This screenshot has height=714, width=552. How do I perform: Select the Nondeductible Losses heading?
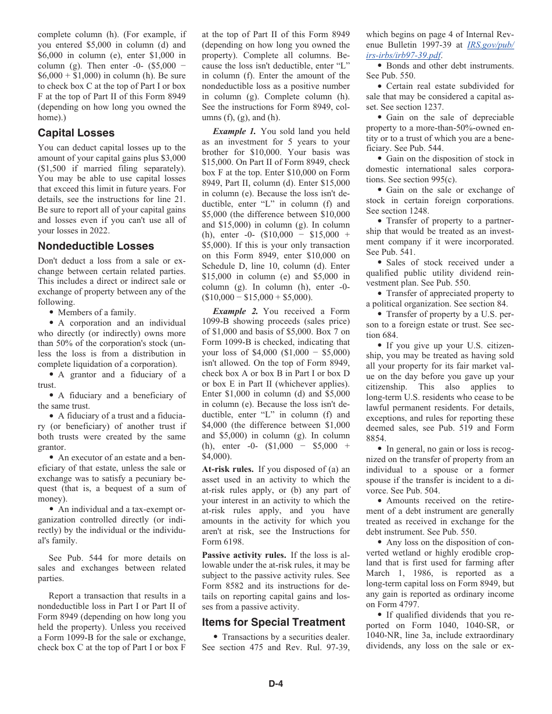tap(96, 246)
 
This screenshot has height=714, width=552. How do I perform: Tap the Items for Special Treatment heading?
tap(274, 622)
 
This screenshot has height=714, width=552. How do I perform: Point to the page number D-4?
tap(275, 684)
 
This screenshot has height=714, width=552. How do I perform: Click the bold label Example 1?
tap(235, 131)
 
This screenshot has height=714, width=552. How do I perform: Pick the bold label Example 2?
tap(235, 311)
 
